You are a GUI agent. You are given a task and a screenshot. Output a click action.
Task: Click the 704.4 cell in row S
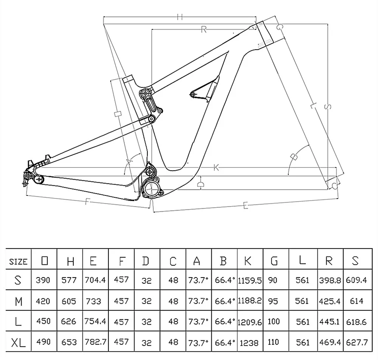95,280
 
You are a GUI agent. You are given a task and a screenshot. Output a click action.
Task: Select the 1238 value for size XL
249,342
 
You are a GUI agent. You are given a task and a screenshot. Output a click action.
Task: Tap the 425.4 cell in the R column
330,301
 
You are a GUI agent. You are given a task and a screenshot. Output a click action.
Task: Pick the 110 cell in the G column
273,342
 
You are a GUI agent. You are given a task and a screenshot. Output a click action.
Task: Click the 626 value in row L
69,321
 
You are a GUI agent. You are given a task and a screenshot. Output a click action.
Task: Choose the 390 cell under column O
43,280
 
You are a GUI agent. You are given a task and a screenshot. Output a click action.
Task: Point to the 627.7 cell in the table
357,342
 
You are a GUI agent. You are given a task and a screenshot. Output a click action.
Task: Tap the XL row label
18,342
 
